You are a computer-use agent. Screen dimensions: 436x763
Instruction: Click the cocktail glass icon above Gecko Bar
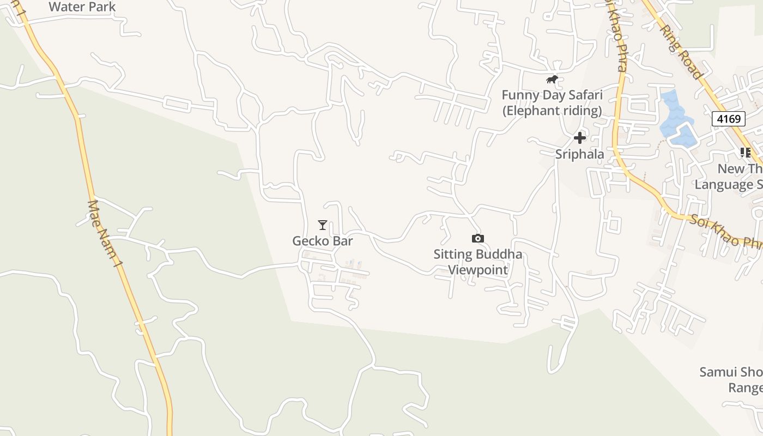pos(323,225)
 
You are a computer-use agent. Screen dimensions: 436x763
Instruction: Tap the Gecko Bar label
pos(323,241)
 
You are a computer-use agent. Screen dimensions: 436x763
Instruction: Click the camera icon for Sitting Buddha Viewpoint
pos(477,238)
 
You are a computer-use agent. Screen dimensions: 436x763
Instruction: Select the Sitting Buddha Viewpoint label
pos(477,262)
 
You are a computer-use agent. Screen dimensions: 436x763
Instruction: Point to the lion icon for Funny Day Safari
pos(552,80)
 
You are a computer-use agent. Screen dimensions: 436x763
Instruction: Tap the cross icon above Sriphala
pos(580,138)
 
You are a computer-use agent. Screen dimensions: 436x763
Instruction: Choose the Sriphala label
pos(580,154)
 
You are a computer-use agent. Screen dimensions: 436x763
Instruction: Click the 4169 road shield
pos(728,119)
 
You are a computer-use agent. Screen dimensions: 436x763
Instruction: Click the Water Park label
pos(82,7)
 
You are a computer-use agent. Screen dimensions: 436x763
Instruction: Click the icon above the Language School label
pos(745,153)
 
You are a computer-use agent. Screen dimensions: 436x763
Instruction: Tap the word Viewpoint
pos(478,270)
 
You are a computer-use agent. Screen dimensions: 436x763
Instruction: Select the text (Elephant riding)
pos(552,111)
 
